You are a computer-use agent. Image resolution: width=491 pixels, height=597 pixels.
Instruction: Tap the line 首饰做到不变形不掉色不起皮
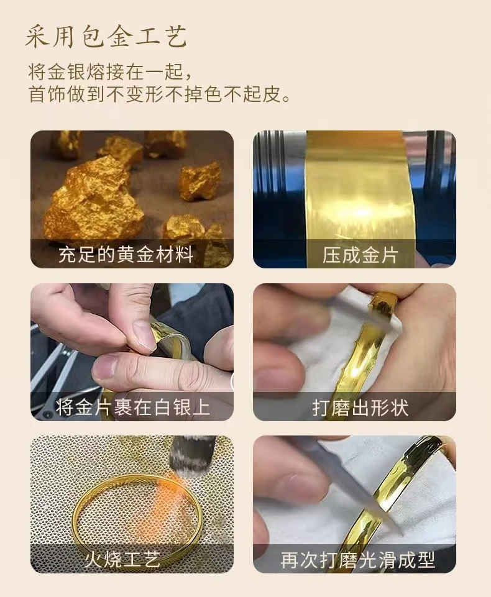coord(159,94)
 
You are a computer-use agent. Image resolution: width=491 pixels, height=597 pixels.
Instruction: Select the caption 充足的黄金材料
coord(126,254)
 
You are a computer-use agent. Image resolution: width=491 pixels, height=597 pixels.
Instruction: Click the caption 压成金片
coord(360,255)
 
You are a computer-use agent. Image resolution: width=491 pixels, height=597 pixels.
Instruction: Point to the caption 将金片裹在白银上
coord(132,407)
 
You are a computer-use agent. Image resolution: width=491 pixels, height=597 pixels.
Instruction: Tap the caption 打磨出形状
coord(360,408)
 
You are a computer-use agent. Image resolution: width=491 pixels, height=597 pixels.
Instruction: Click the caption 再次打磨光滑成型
coord(358,560)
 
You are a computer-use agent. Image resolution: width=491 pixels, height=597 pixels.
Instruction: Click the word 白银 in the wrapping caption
coord(172,407)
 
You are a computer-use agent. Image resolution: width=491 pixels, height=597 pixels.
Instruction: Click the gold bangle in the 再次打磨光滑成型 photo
coord(388,495)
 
